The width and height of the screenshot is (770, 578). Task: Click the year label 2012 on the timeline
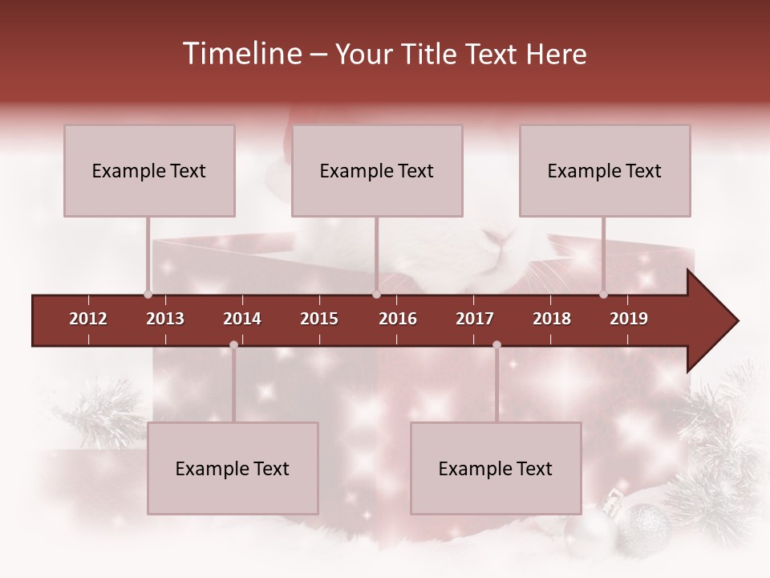click(88, 319)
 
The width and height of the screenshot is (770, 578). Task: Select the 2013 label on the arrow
click(165, 319)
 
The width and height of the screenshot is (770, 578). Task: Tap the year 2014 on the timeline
click(242, 319)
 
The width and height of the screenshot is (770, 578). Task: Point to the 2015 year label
click(319, 319)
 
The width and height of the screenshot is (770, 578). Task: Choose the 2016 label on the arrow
click(398, 319)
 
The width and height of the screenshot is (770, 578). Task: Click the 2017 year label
click(475, 319)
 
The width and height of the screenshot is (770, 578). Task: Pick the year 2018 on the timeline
click(552, 319)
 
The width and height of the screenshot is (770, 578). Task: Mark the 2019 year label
click(629, 319)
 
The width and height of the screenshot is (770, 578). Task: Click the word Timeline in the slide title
click(242, 54)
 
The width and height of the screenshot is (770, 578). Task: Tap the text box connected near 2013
click(149, 170)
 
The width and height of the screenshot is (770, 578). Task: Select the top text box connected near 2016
click(377, 170)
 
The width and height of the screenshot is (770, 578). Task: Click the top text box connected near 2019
click(605, 170)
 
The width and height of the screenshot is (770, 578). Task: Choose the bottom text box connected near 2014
click(233, 468)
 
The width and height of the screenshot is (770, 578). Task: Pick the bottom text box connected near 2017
click(496, 468)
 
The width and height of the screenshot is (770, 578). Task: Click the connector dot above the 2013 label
click(148, 294)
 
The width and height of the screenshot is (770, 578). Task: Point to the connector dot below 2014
click(233, 344)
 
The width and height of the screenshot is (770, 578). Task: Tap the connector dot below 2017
click(496, 344)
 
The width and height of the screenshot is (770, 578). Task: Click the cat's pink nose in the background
click(499, 238)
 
